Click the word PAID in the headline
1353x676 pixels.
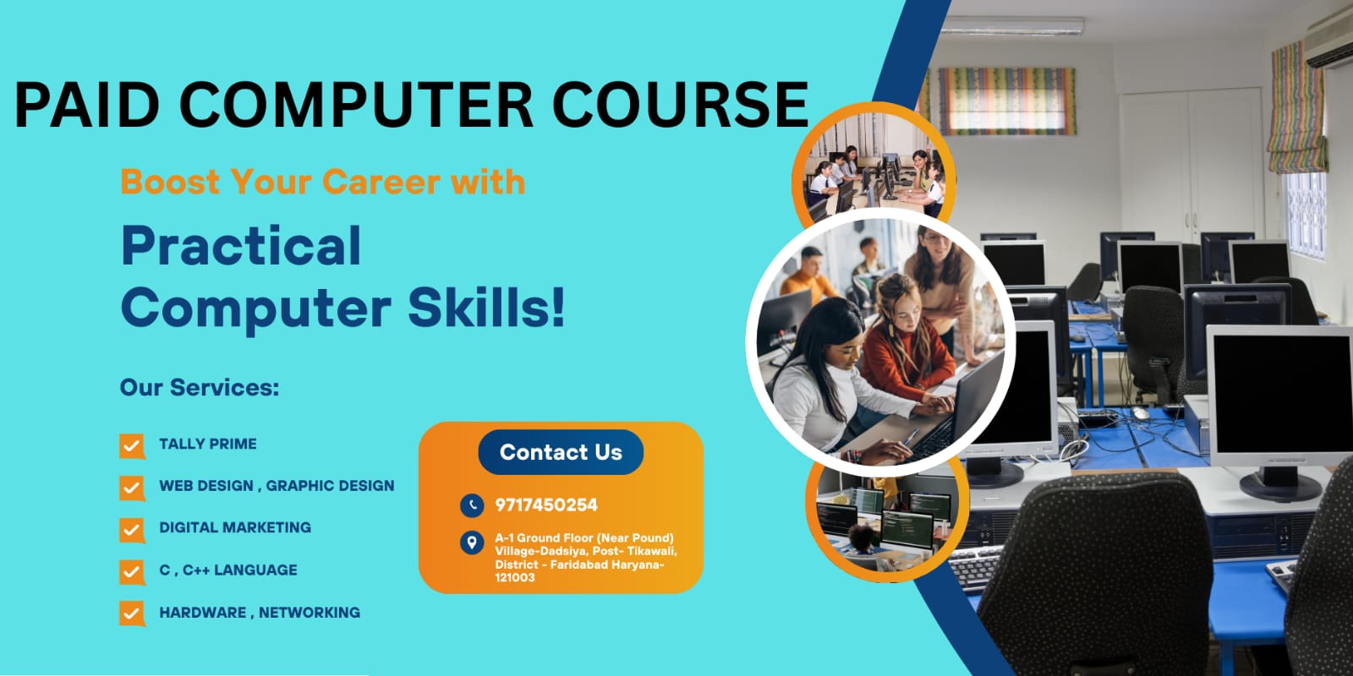click(86, 105)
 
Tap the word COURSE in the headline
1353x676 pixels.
click(680, 105)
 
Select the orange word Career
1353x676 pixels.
click(381, 182)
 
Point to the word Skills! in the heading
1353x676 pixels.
click(486, 308)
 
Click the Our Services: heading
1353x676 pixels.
click(200, 388)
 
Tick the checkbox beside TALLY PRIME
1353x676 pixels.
click(132, 447)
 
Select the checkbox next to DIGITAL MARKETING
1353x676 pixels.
click(132, 531)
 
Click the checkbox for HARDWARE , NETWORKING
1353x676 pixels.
click(132, 613)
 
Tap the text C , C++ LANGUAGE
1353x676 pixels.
click(228, 570)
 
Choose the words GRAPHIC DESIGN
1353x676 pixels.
click(330, 486)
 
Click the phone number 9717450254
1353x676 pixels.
click(546, 505)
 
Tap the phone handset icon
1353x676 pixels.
click(472, 506)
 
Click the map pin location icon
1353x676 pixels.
click(472, 542)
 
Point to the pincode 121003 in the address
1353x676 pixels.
click(515, 578)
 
